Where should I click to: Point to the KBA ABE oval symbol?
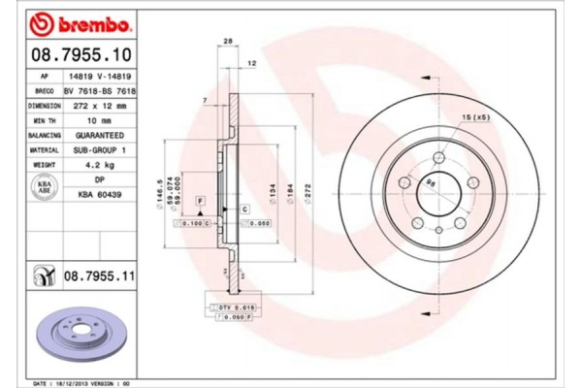click(x=44, y=188)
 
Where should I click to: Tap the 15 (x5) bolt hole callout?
click(x=475, y=118)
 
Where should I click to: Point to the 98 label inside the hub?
click(x=433, y=179)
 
